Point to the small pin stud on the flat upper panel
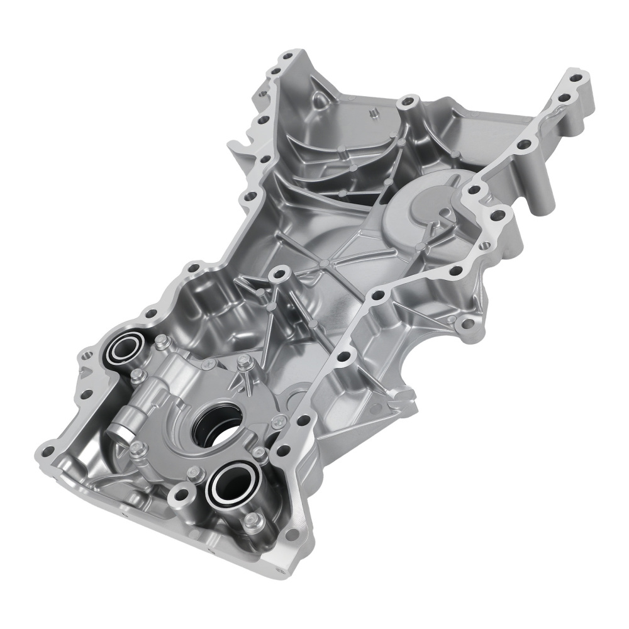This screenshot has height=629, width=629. pos(370,113)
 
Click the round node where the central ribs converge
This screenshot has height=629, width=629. pos(322,263)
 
